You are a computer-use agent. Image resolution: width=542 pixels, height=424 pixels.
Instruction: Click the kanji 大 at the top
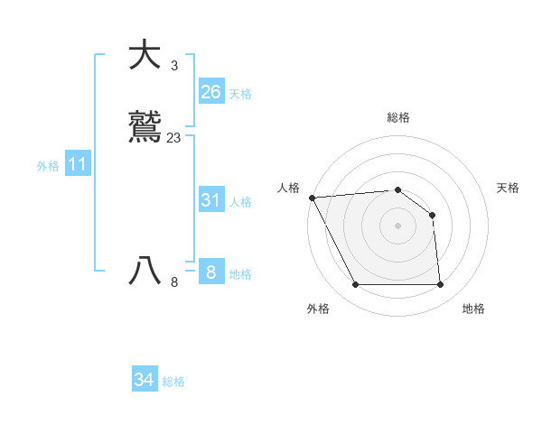[145, 55]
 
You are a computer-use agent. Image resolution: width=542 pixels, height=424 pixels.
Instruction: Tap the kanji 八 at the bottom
[145, 272]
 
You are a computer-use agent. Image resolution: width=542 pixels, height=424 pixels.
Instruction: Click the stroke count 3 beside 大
[173, 66]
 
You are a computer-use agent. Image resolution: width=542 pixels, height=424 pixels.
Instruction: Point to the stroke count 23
[173, 138]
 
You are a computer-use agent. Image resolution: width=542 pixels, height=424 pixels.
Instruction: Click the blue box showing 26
[211, 92]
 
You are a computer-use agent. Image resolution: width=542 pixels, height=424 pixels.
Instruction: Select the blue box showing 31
[211, 200]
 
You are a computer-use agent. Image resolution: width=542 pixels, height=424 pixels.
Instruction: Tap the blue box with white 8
[211, 272]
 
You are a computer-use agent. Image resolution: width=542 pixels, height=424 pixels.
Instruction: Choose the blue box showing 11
[78, 165]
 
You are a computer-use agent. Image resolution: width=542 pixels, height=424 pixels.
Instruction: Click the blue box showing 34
[144, 381]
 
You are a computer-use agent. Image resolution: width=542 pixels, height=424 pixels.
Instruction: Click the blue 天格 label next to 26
[240, 94]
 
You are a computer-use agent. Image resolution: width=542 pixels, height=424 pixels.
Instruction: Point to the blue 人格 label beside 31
[240, 202]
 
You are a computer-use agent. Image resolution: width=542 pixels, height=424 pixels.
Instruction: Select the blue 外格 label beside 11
[48, 166]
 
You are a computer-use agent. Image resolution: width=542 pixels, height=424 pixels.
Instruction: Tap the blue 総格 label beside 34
[173, 382]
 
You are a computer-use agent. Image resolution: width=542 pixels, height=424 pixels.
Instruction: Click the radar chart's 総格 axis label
[398, 117]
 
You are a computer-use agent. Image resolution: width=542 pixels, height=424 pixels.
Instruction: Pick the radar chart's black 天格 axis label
[508, 188]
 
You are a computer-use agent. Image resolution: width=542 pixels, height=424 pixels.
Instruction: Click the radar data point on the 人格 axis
[312, 198]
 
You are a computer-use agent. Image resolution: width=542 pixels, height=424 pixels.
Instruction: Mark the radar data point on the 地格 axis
[440, 285]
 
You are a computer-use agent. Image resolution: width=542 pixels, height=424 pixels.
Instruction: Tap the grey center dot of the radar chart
[397, 226]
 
